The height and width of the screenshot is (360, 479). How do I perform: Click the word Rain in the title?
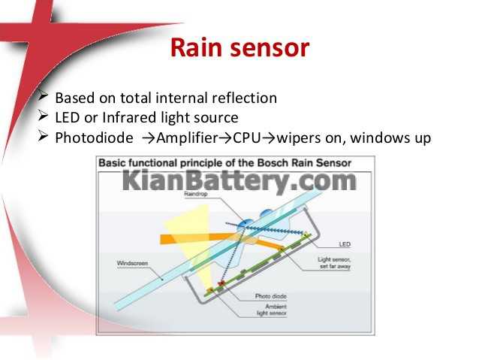point(196,47)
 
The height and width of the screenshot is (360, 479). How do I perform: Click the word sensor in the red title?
point(270,49)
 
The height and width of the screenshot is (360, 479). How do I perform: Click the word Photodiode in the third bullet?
point(94,138)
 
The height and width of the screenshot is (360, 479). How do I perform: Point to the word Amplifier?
point(187,138)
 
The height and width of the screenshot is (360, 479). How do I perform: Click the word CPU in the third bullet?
point(247,138)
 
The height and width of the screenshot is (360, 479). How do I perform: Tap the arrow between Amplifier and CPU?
point(226,138)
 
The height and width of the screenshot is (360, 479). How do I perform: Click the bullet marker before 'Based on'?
point(43,96)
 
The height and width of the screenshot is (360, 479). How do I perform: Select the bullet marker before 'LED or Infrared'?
point(43,116)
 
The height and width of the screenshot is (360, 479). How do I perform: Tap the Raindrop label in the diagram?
point(196,194)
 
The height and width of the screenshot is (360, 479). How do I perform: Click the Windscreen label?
point(132,263)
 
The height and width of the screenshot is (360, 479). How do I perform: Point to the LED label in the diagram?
point(345,244)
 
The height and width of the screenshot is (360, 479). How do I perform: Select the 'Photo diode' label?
point(271,296)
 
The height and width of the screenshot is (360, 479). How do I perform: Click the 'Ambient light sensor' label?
point(272,310)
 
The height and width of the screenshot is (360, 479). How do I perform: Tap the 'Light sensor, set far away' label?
point(334,263)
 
